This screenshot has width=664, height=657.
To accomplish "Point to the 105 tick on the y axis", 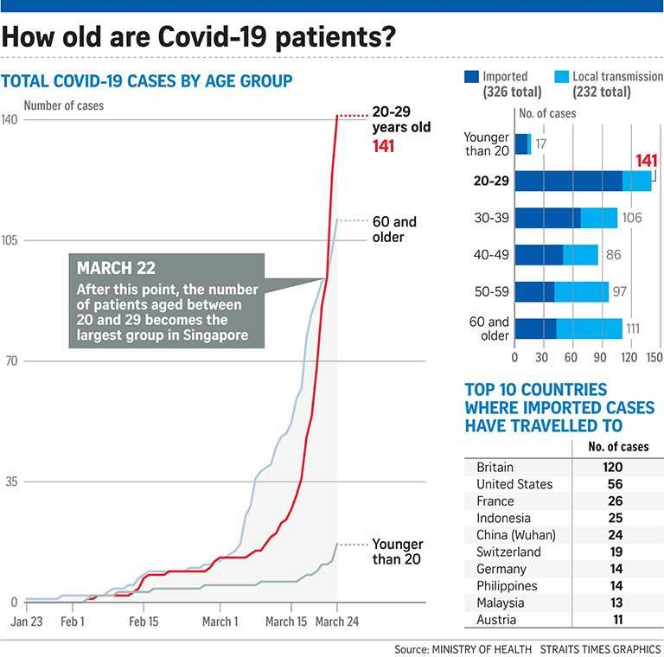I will [10, 240].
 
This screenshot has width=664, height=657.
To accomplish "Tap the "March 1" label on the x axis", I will [220, 622].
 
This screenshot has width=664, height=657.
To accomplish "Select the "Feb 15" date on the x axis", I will [144, 622].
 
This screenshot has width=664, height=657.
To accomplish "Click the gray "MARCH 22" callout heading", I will [117, 268].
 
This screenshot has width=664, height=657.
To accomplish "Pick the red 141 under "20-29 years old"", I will [383, 146].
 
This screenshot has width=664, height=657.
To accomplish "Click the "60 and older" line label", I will [393, 229].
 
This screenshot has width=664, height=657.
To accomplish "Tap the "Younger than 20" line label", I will [397, 552].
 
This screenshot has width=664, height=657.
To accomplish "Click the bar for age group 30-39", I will [566, 218].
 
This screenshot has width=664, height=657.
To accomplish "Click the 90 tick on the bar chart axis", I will [598, 356].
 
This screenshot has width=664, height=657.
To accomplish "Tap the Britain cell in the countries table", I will [495, 468].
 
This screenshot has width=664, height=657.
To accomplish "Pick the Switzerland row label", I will [508, 552].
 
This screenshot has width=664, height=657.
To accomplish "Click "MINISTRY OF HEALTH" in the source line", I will [482, 647].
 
